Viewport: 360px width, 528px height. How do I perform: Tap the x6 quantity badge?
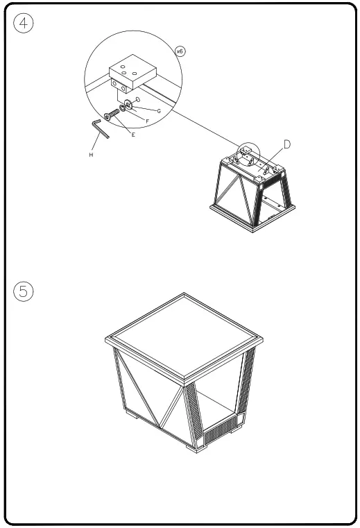(x=180, y=51)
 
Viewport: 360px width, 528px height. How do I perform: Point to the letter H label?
(x=91, y=155)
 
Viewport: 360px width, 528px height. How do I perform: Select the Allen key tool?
(x=100, y=129)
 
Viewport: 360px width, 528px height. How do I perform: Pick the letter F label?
(x=147, y=121)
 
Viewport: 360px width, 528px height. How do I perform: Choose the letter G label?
(x=159, y=111)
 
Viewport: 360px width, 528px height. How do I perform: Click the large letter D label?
(x=286, y=144)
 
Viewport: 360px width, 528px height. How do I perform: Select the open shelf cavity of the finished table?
(x=218, y=409)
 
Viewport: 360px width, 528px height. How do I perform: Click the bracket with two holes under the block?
(x=123, y=87)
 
